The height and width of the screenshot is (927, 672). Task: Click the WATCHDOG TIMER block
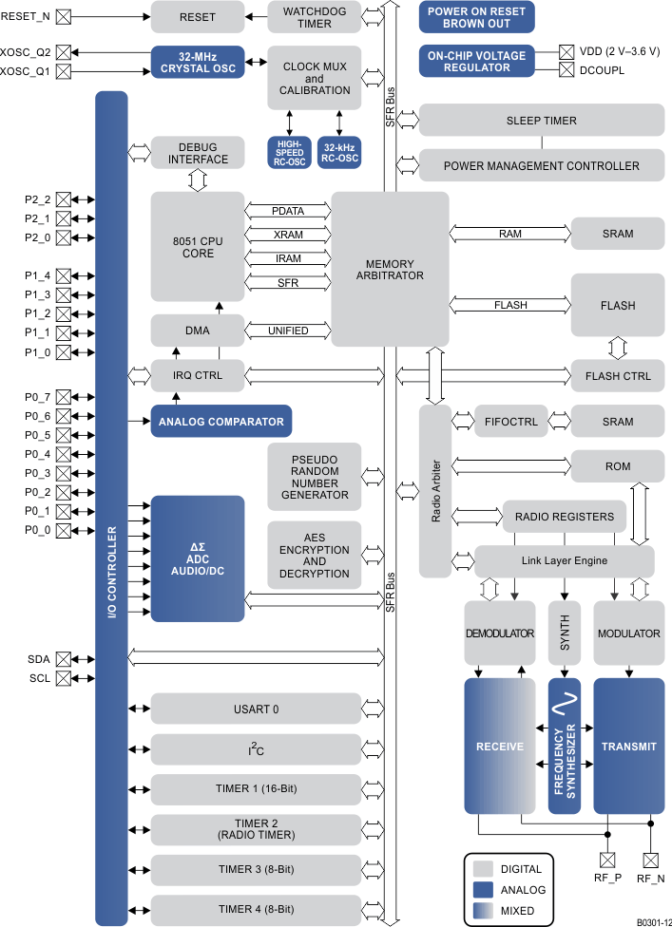click(314, 17)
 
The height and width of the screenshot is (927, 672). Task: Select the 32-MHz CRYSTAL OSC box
click(198, 62)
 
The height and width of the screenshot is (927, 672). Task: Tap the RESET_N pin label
click(26, 16)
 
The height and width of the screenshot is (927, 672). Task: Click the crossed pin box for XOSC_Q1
click(63, 71)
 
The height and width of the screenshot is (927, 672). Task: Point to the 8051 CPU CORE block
click(198, 247)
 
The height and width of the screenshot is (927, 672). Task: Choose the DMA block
click(198, 331)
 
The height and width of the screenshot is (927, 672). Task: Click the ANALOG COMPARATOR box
click(221, 421)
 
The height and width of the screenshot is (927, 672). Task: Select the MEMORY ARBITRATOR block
click(389, 270)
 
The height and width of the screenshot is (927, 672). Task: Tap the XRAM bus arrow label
click(287, 233)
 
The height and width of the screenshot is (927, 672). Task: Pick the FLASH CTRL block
click(618, 375)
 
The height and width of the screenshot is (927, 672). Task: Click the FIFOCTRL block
click(510, 422)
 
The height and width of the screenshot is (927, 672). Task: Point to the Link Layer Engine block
click(564, 560)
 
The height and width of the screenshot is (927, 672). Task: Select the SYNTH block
click(564, 634)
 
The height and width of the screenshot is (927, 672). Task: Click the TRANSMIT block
click(628, 746)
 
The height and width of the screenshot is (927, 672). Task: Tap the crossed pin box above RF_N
click(650, 861)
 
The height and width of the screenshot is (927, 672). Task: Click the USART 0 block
click(256, 709)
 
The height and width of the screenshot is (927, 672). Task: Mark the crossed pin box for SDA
click(63, 658)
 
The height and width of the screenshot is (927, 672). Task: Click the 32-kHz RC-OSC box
click(339, 153)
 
